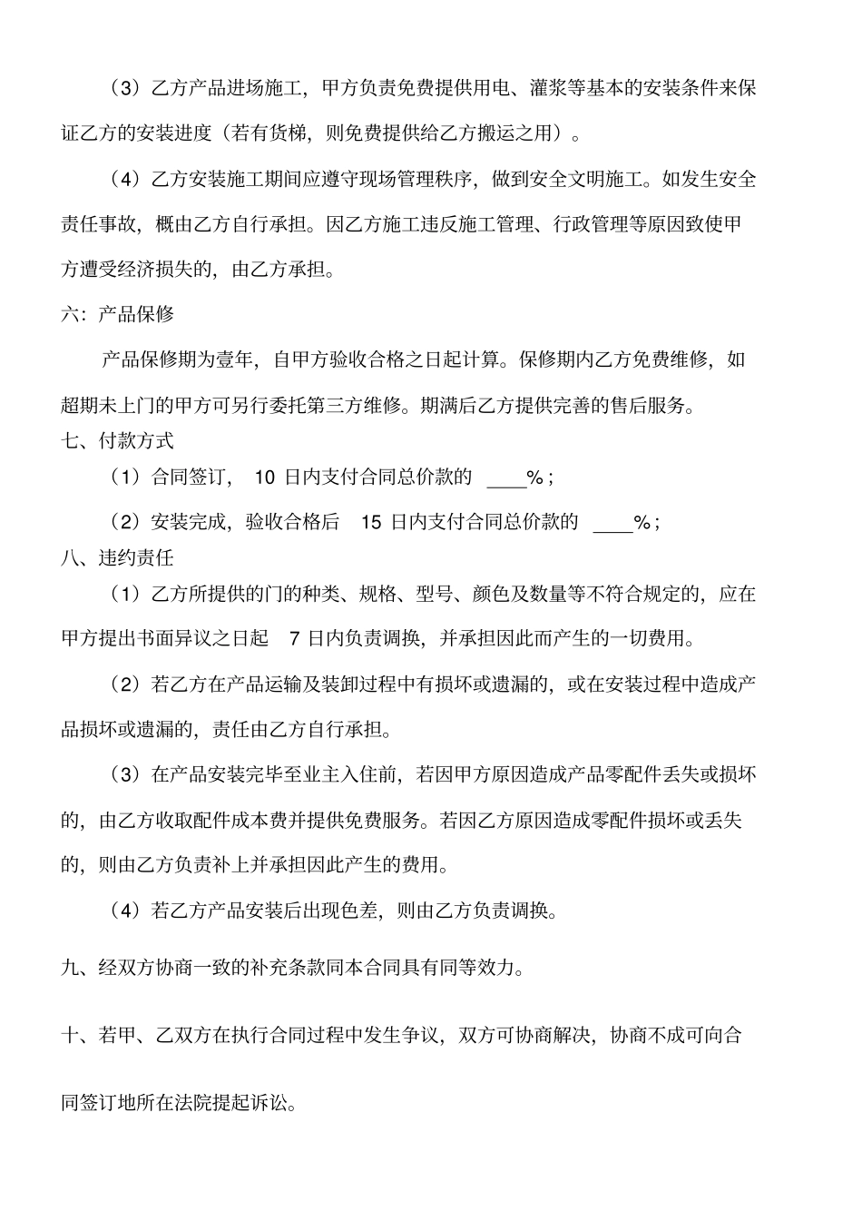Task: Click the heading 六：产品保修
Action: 117,315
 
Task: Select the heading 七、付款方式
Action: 117,441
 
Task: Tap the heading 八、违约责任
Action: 117,557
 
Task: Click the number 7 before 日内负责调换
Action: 293,639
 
